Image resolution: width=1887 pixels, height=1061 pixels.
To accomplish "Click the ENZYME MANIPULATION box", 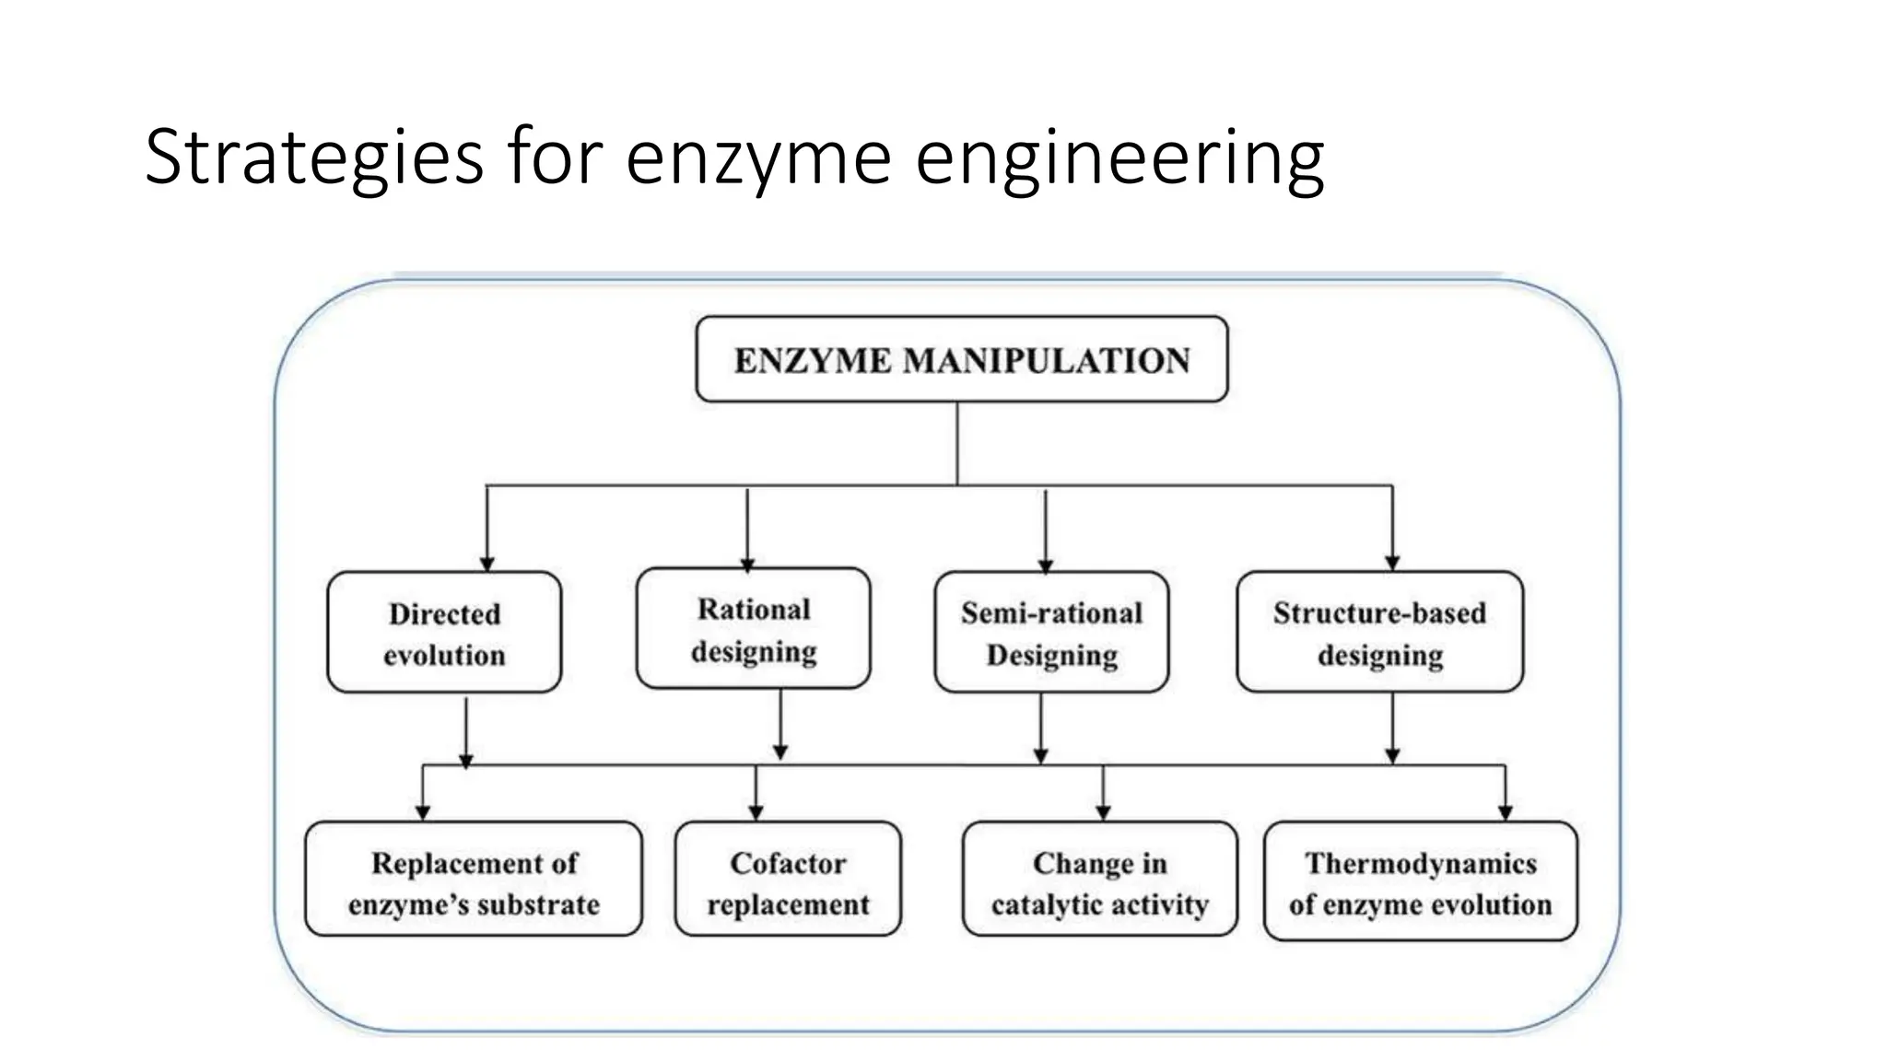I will coord(961,359).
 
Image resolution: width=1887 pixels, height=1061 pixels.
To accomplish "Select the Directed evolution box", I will coord(444,633).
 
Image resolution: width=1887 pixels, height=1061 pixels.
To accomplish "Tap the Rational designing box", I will coord(753,629).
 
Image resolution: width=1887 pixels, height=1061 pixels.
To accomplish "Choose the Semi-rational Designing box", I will coord(1051,633).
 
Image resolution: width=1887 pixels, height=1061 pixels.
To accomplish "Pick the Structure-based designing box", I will coord(1379,633).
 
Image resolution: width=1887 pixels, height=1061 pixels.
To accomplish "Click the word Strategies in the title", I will coord(313,157).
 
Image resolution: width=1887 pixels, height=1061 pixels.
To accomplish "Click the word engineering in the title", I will coord(1119,157).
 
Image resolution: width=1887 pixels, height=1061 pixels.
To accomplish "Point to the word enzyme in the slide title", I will coord(758,157).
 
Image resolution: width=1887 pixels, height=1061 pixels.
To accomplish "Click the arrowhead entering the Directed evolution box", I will coord(487,564).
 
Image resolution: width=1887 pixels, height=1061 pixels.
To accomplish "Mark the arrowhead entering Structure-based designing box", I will coord(1392,563).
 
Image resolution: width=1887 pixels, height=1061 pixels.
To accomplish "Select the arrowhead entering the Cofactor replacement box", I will coord(756,813).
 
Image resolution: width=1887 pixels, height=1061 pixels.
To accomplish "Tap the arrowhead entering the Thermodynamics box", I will coord(1506,813).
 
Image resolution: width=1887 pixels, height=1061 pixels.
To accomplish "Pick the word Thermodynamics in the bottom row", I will coord(1421,863).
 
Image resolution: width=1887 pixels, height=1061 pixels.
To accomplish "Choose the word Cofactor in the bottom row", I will coord(788,863).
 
